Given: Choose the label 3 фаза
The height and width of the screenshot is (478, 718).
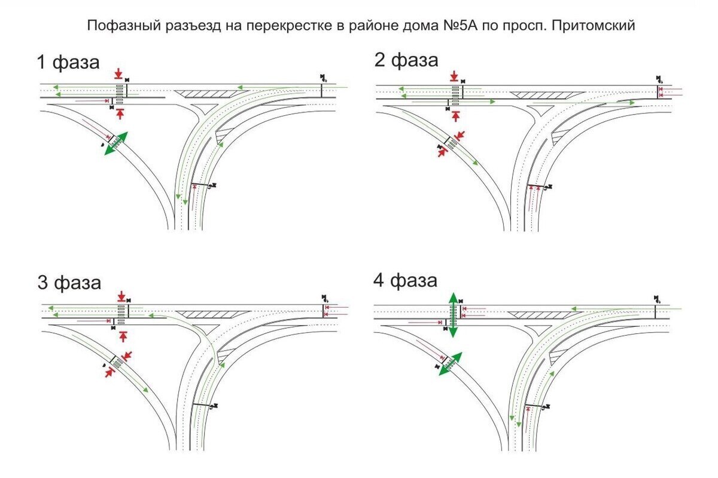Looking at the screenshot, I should pyautogui.click(x=69, y=282).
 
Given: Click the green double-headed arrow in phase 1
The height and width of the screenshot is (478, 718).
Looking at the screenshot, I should pyautogui.click(x=115, y=143).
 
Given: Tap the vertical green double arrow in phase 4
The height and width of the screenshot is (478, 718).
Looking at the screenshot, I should pyautogui.click(x=454, y=315).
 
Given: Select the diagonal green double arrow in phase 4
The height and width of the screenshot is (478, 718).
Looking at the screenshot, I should pyautogui.click(x=451, y=364).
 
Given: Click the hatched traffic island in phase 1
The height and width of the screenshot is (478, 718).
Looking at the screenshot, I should pyautogui.click(x=205, y=94).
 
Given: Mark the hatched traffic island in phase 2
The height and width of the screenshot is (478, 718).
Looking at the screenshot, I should pyautogui.click(x=546, y=94).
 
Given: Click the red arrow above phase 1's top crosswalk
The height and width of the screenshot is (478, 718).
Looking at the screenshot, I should pyautogui.click(x=118, y=73).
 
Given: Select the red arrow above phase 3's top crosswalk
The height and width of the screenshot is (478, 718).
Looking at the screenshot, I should pyautogui.click(x=121, y=296).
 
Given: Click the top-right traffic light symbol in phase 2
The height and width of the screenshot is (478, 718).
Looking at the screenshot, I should pyautogui.click(x=659, y=78).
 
